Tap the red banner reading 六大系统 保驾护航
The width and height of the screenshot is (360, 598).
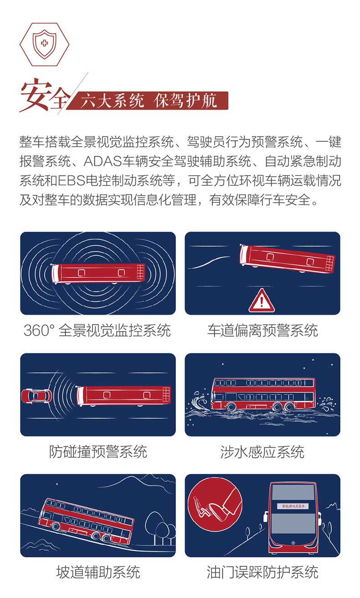(149, 101)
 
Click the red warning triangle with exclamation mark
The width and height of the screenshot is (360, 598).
(261, 301)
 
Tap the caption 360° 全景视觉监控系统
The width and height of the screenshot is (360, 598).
(97, 330)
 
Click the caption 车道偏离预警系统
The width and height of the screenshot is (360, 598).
(262, 330)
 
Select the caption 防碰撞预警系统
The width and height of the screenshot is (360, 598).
(98, 452)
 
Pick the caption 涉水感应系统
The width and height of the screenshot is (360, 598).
(262, 452)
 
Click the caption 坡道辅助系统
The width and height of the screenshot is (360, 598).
(98, 572)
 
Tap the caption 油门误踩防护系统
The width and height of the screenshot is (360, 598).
(262, 572)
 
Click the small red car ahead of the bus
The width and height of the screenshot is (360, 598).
(36, 395)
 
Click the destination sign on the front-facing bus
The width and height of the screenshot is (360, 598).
(292, 506)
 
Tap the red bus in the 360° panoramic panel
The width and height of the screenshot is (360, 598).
(98, 273)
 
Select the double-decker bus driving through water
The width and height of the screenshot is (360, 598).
(264, 394)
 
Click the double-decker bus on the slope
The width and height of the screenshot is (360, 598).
(87, 520)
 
